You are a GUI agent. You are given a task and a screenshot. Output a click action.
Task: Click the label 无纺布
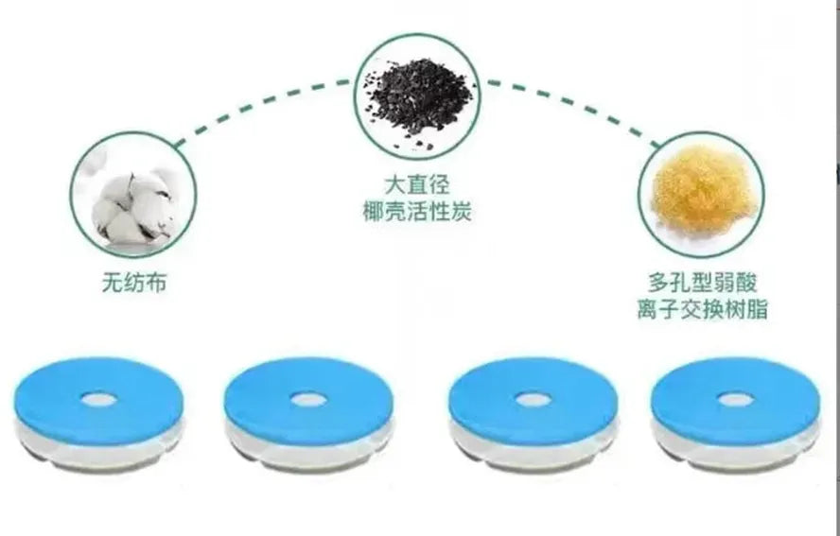pyautogui.click(x=134, y=283)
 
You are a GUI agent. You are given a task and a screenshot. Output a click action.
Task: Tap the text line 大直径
pyautogui.click(x=417, y=184)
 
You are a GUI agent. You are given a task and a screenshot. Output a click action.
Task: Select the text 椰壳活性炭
pyautogui.click(x=417, y=211)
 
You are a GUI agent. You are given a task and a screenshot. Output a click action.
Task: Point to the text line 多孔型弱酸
pyautogui.click(x=702, y=283)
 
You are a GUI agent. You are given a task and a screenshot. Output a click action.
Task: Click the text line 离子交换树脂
pyautogui.click(x=702, y=309)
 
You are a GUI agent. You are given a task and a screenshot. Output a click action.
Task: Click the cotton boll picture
pyautogui.click(x=133, y=203)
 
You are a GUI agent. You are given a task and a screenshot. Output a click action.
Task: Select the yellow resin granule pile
pyautogui.click(x=700, y=189)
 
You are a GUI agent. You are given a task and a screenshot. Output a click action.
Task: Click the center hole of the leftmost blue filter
pyautogui.click(x=98, y=400)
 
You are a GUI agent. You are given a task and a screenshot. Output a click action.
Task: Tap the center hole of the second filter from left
pyautogui.click(x=307, y=400)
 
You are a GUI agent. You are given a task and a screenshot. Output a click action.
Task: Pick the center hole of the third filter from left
pyautogui.click(x=532, y=400)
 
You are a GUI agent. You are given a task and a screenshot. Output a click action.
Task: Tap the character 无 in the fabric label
pyautogui.click(x=113, y=283)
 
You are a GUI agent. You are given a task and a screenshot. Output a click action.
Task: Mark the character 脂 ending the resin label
pyautogui.click(x=758, y=309)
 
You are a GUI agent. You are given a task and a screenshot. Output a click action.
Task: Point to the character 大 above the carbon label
pyautogui.click(x=395, y=184)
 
